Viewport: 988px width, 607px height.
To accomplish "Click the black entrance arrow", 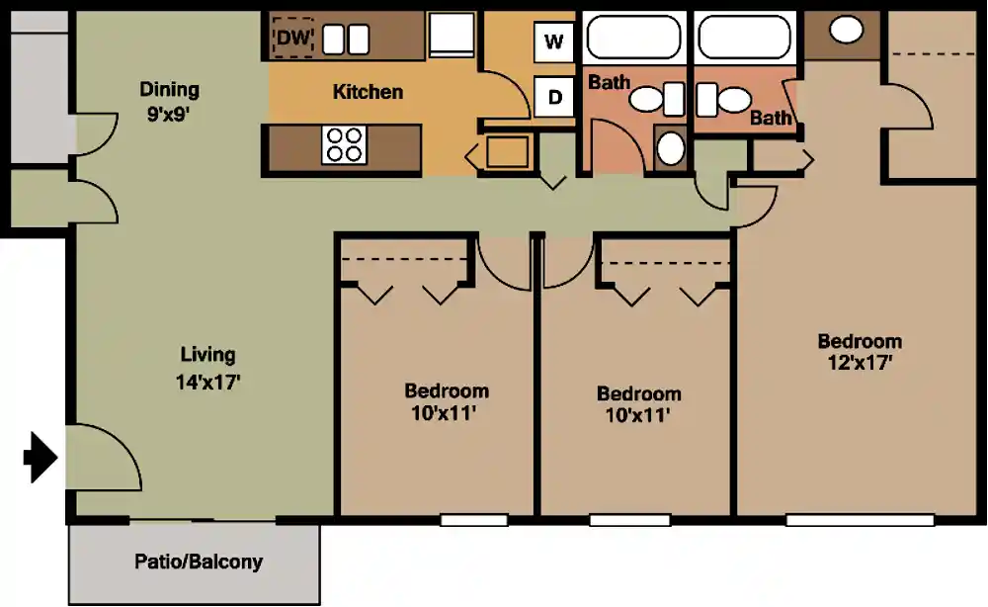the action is [41, 457].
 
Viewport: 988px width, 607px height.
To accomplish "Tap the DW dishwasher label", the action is [293, 38].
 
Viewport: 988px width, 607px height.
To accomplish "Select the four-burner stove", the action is [344, 145].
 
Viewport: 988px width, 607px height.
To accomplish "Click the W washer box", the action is [554, 43].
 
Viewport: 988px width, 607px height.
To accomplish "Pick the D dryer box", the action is [554, 97].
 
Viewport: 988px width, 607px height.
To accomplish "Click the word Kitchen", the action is [368, 92].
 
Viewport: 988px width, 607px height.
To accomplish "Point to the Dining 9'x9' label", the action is [169, 102].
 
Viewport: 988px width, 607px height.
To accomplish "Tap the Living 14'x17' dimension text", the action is [207, 382].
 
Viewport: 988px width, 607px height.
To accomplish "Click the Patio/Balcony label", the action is [199, 562].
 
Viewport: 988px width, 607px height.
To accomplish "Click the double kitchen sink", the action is [345, 40].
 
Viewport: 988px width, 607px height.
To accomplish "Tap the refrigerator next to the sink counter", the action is [452, 35].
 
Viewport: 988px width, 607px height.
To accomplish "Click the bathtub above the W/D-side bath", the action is [634, 38].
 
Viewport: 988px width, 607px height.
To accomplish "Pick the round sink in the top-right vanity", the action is [846, 29].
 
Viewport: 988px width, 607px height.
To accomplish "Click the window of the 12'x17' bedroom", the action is [861, 520].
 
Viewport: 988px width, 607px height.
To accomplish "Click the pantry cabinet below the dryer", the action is [507, 152].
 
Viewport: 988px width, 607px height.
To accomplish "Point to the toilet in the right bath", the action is [723, 100].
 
